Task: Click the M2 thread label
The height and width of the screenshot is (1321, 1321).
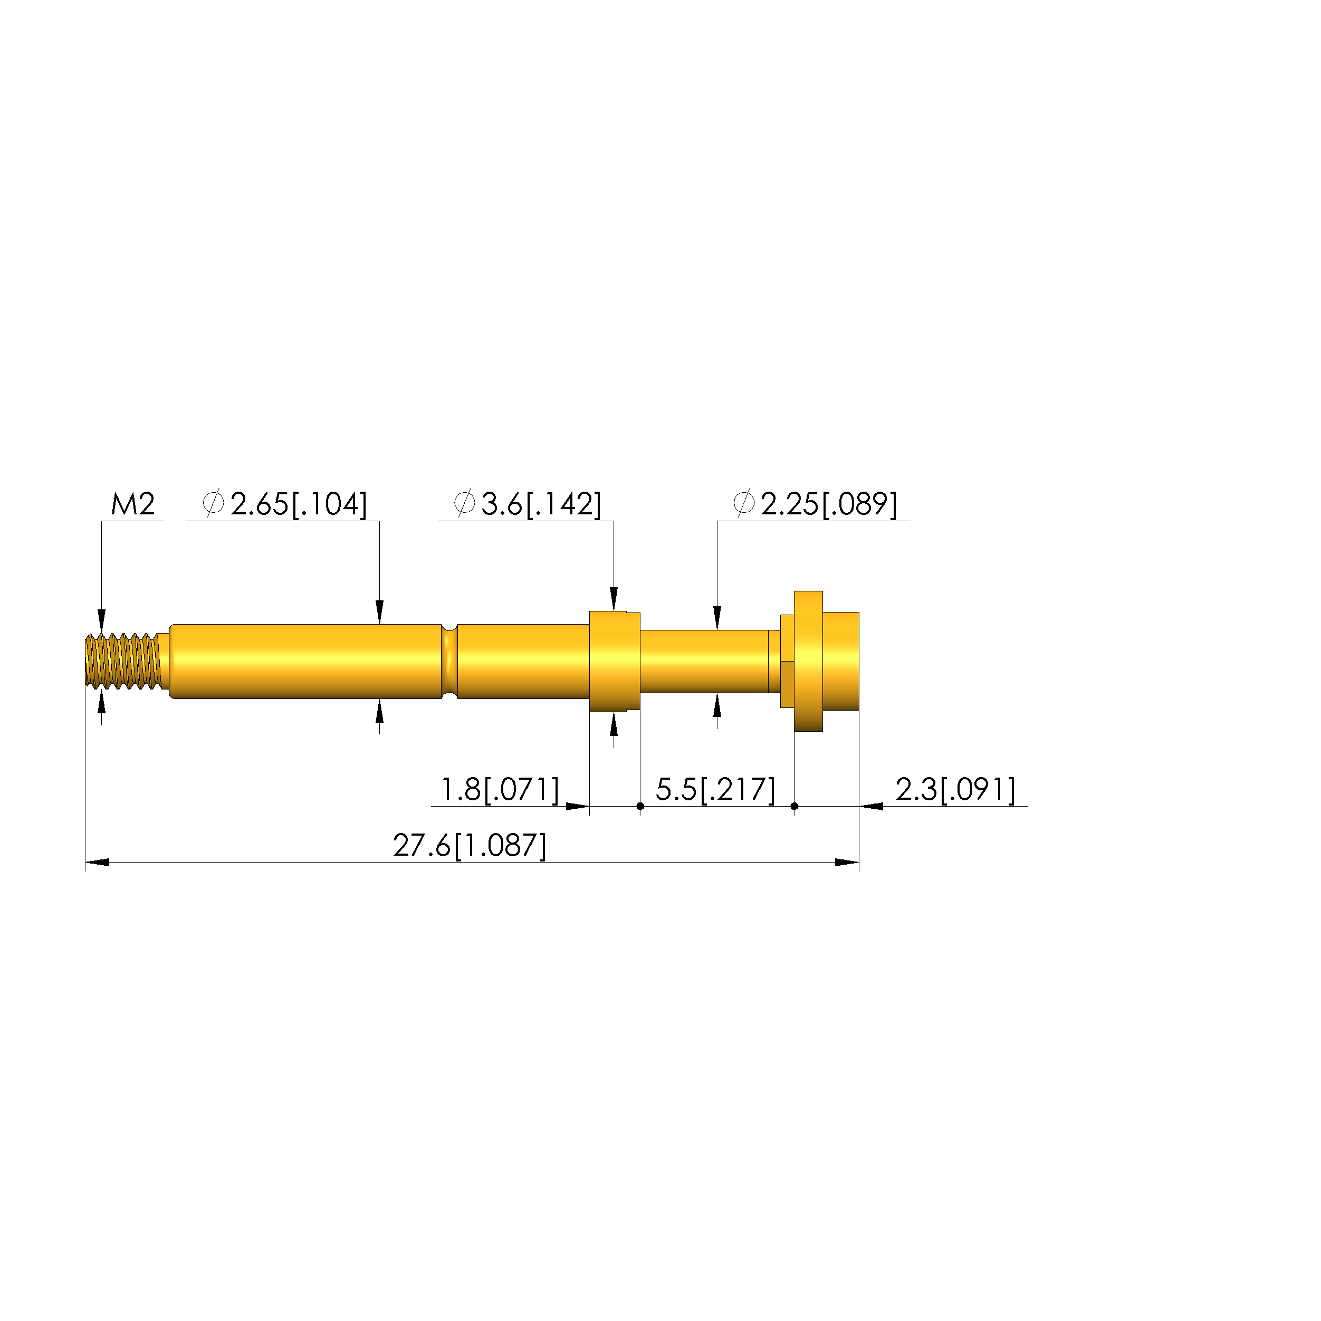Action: [133, 504]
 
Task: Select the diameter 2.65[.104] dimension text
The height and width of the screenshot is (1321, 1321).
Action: [285, 504]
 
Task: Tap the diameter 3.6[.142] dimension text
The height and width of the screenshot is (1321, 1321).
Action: [528, 504]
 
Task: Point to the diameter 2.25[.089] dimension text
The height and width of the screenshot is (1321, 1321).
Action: [815, 504]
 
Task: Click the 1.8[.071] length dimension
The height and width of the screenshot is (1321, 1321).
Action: [500, 790]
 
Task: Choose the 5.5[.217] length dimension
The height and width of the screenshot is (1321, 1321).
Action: [716, 790]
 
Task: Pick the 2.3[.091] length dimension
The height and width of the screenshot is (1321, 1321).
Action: [956, 790]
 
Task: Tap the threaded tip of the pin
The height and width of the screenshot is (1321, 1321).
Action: [123, 661]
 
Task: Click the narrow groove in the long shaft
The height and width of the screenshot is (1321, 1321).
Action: [449, 661]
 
